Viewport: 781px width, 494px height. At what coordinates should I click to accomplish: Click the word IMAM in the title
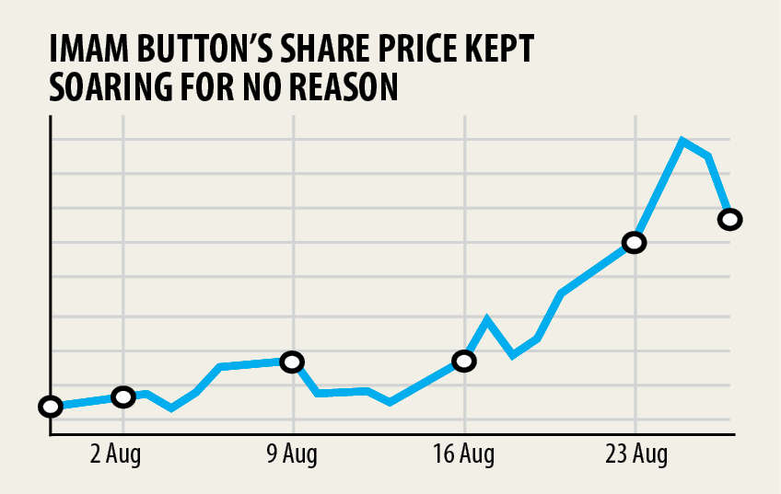(x=90, y=50)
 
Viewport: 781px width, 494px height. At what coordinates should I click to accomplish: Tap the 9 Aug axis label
(x=292, y=454)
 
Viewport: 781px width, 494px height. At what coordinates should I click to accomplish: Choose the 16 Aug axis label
(x=463, y=454)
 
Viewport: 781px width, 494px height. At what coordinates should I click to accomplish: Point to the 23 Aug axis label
(x=635, y=454)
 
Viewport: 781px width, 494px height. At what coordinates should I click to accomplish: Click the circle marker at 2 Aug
(x=122, y=396)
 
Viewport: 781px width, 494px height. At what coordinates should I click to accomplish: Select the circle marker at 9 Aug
(x=292, y=362)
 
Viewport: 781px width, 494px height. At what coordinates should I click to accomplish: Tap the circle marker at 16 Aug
(x=464, y=361)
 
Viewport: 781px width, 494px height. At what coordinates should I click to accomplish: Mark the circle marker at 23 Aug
(x=634, y=243)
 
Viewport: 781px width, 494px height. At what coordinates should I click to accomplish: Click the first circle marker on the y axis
(x=51, y=407)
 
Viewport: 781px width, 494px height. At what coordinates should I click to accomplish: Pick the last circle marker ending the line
(x=729, y=219)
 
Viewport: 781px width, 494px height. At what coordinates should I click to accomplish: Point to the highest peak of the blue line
(x=682, y=141)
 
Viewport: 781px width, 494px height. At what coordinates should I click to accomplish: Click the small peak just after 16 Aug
(x=487, y=319)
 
